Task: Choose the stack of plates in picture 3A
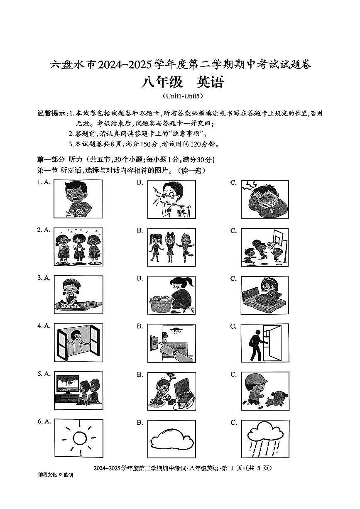click(92, 305)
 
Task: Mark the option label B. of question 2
click(140, 230)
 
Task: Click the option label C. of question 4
click(233, 326)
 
